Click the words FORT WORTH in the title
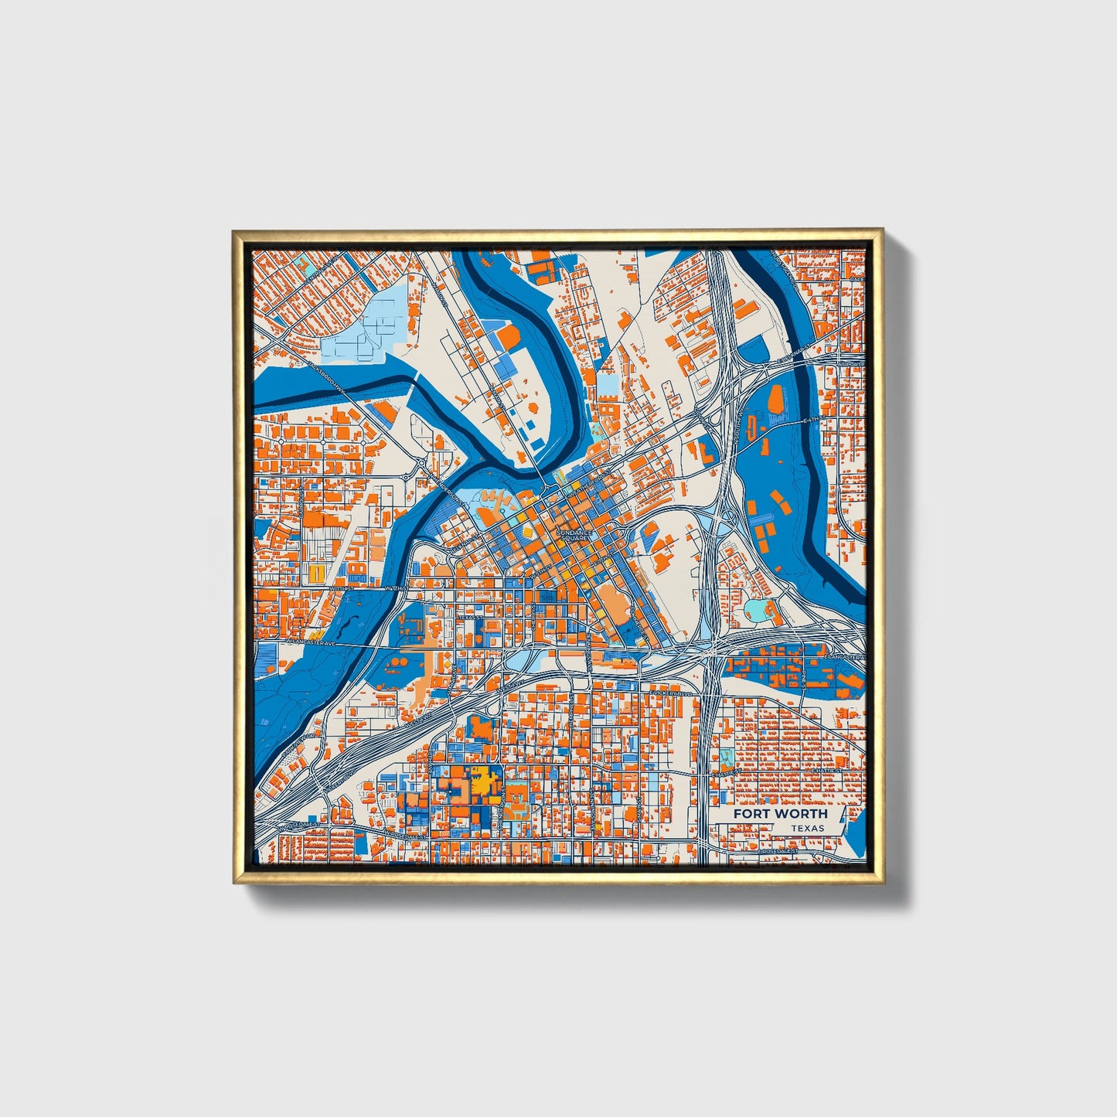tap(780, 813)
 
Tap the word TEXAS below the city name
tap(807, 828)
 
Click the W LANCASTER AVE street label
tap(309, 642)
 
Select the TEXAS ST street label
tap(468, 618)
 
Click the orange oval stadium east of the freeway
tap(775, 400)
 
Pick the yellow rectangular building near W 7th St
tap(317, 573)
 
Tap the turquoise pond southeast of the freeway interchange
tap(756, 610)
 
